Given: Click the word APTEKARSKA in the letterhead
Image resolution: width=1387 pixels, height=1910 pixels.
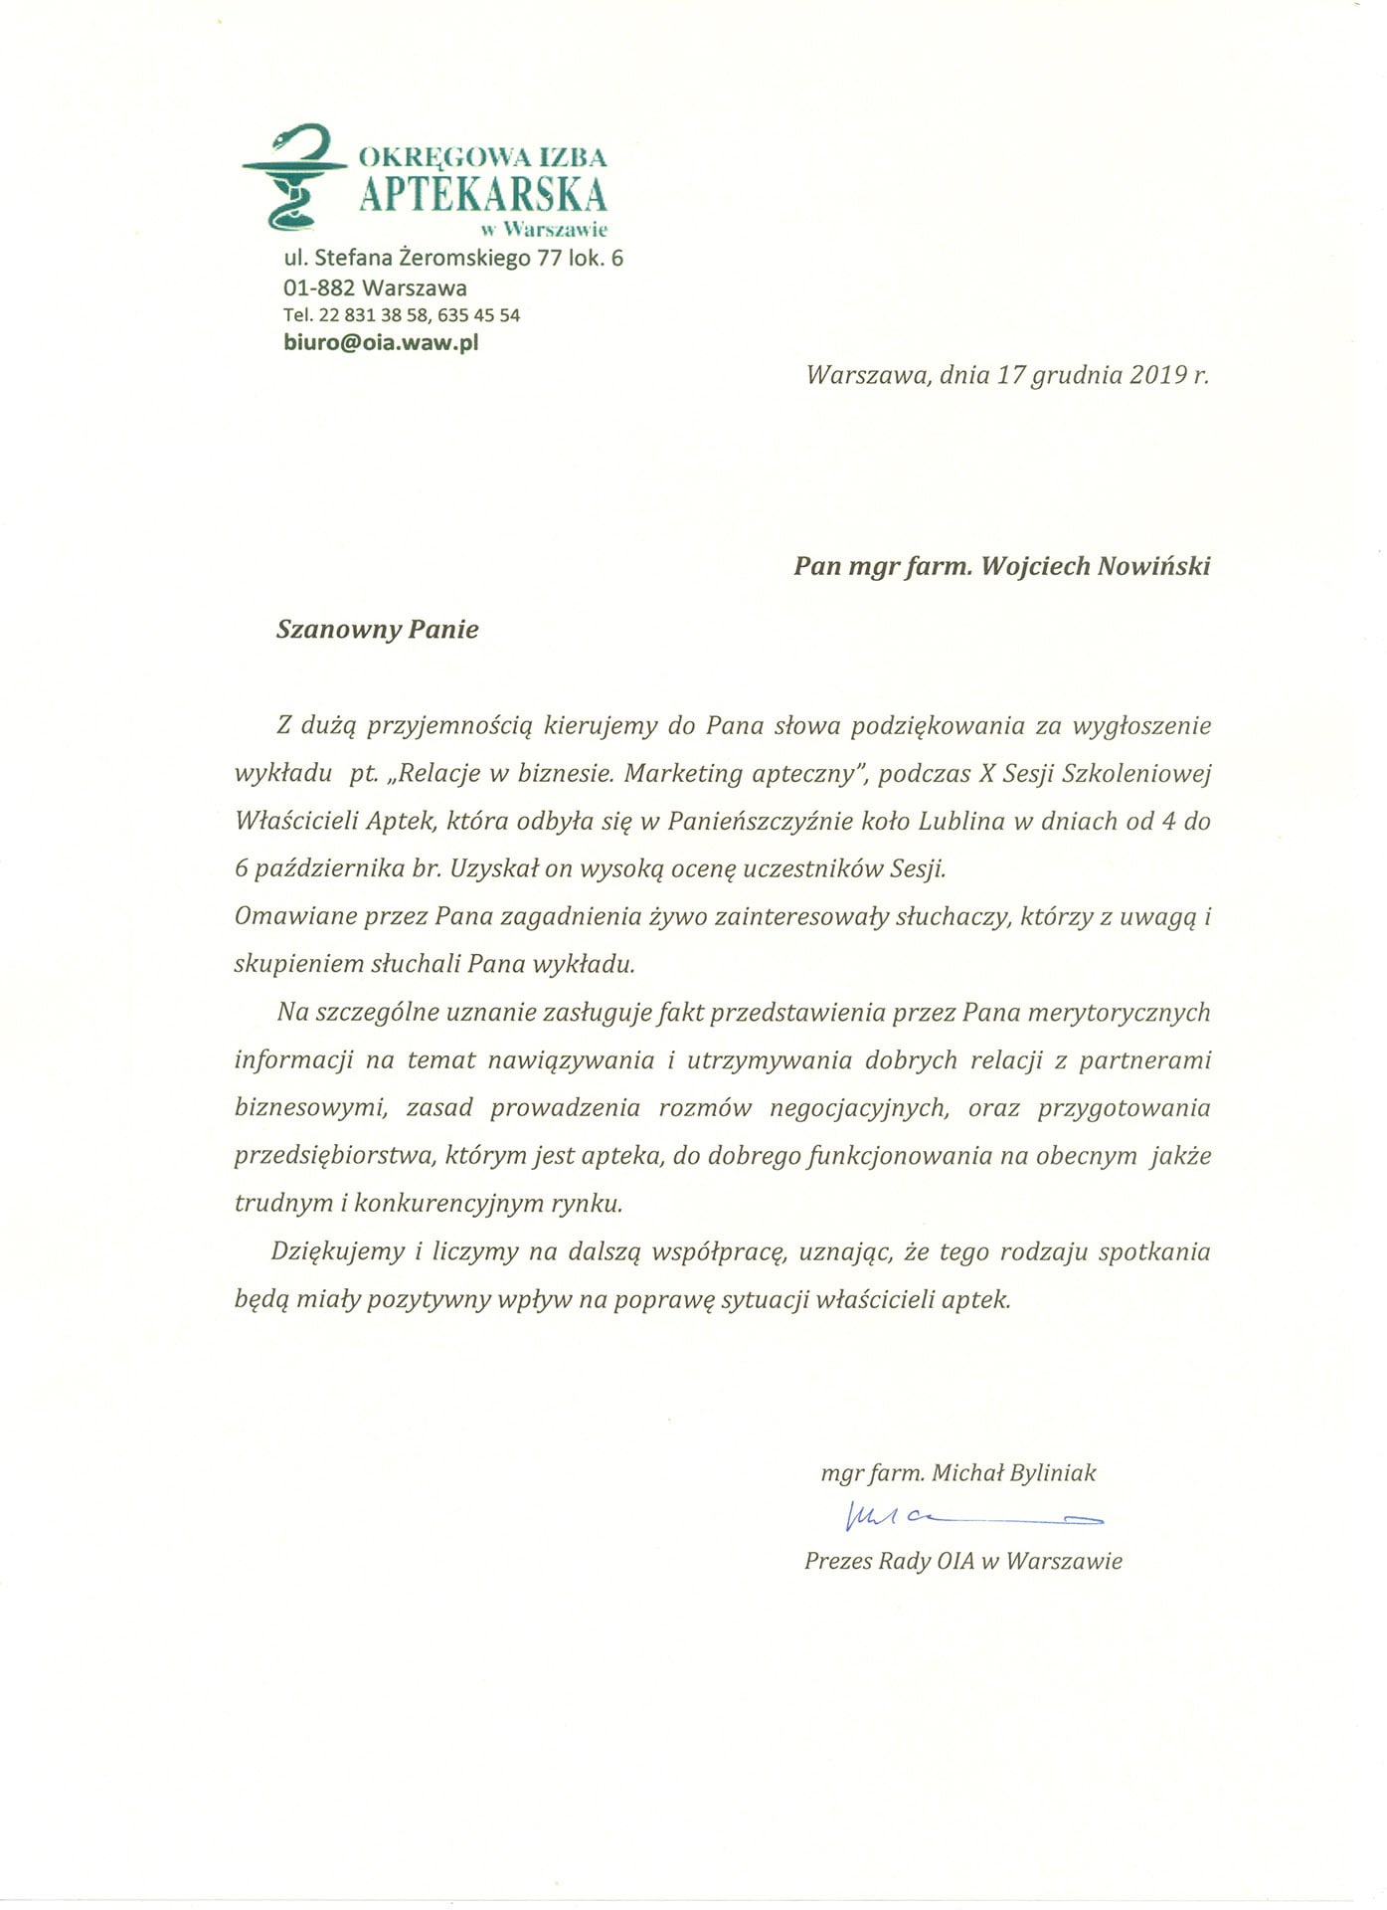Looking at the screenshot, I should click(x=483, y=193).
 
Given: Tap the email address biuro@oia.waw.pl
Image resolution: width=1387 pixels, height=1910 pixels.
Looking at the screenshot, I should click(x=381, y=343).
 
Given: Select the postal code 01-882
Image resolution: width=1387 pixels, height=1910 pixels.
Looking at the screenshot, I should click(x=318, y=288).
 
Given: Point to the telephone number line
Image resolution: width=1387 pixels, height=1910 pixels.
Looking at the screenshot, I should click(x=402, y=315).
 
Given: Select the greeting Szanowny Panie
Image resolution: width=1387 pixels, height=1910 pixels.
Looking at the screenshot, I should click(x=378, y=630).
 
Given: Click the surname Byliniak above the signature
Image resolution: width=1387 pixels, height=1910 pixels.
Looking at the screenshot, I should click(x=1052, y=1473).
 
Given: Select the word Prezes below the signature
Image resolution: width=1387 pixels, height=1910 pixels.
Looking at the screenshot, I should click(x=837, y=1561).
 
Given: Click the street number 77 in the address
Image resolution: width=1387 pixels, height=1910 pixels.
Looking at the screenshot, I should click(x=550, y=259).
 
